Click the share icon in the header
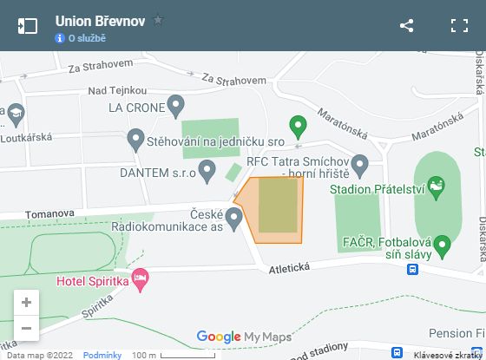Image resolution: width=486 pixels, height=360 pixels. (x=406, y=25)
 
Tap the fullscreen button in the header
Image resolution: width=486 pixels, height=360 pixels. (x=459, y=25)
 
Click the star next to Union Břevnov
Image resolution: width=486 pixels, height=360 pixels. (x=158, y=19)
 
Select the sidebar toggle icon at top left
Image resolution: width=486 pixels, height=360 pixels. (x=28, y=25)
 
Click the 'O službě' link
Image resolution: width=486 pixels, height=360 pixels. (x=86, y=38)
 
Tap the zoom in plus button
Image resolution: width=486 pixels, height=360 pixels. (x=26, y=302)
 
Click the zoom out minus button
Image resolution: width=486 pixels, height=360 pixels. (x=26, y=328)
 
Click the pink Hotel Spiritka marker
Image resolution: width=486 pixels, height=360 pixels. (x=140, y=279)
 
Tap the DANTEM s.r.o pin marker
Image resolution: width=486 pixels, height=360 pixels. (x=207, y=171)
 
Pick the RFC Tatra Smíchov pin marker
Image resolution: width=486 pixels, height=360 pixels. (x=360, y=162)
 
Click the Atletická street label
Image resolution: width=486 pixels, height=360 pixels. (x=288, y=268)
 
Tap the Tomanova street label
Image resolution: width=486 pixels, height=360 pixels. (x=49, y=213)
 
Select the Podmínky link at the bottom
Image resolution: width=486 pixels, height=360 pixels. (x=102, y=355)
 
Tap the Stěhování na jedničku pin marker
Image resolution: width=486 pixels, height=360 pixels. (x=135, y=139)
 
